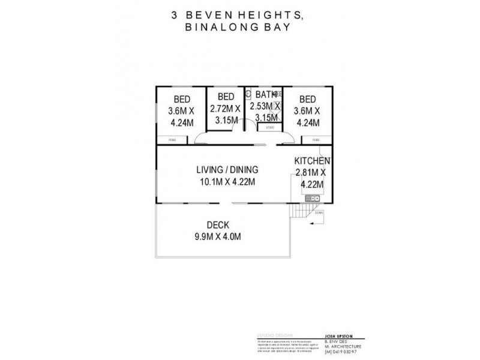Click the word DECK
(x=217, y=225)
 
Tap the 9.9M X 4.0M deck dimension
(x=217, y=236)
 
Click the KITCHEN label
(x=311, y=161)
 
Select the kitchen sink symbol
(x=312, y=199)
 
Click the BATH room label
(x=264, y=94)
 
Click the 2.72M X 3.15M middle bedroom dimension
(x=225, y=113)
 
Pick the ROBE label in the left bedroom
(x=172, y=140)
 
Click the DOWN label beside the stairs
(x=319, y=212)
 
